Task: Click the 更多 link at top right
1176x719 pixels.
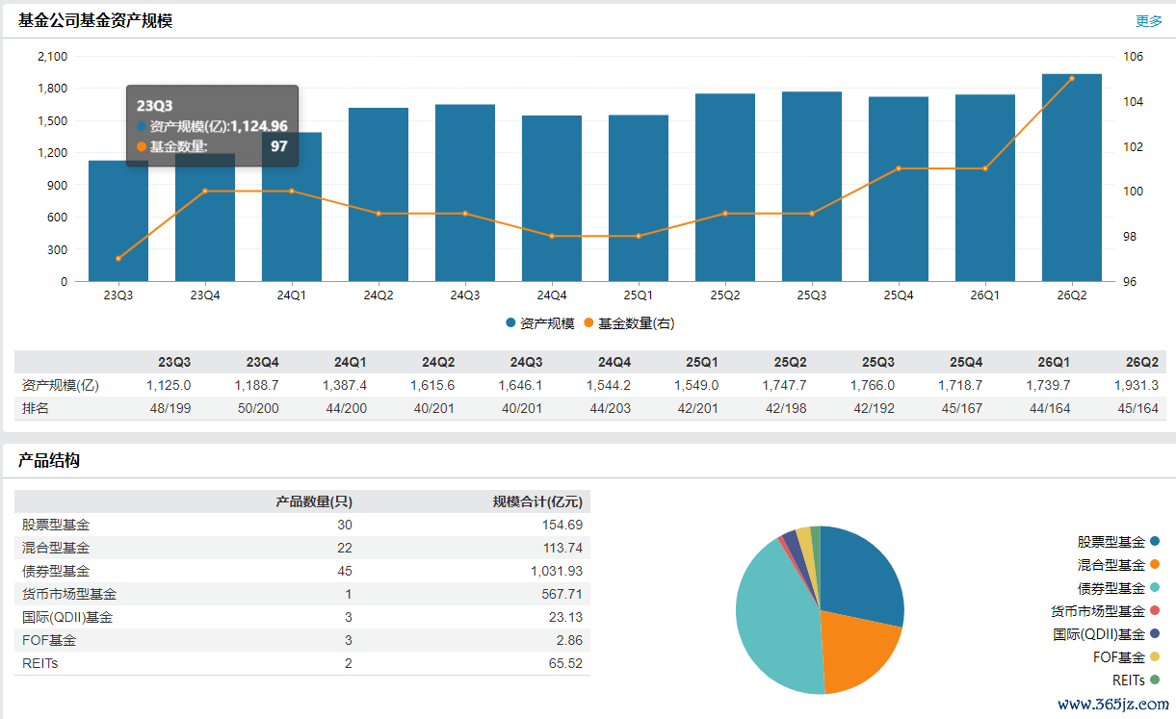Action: click(1149, 21)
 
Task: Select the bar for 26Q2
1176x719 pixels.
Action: click(1072, 177)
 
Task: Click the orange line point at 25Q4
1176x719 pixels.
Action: click(899, 168)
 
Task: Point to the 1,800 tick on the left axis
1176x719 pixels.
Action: click(53, 89)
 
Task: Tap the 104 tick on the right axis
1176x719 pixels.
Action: click(1133, 101)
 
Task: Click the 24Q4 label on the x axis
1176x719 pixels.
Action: click(552, 295)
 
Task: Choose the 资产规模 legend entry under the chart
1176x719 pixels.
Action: click(540, 323)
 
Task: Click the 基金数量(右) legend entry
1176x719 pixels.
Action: click(630, 323)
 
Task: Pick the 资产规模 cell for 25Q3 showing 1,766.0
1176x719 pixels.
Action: click(872, 385)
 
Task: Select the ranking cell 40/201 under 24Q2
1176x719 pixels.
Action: click(433, 408)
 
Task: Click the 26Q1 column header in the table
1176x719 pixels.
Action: click(1054, 362)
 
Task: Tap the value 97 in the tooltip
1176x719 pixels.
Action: click(278, 146)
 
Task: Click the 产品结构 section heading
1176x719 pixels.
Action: click(49, 460)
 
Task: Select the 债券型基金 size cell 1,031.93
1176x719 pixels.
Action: click(556, 571)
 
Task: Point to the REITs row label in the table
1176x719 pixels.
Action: click(39, 663)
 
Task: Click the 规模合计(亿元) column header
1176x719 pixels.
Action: click(537, 501)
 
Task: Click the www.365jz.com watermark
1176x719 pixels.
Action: click(1113, 704)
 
